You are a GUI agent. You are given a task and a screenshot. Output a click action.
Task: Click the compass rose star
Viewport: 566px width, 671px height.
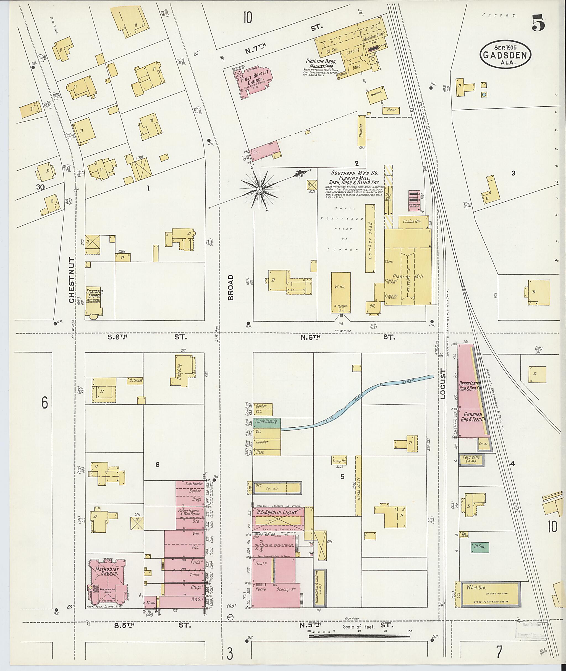pos(259,190)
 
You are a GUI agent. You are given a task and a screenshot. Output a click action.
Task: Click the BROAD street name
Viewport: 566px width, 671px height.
pos(231,287)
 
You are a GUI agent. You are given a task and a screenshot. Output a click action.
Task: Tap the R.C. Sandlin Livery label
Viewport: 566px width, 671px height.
pos(278,512)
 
